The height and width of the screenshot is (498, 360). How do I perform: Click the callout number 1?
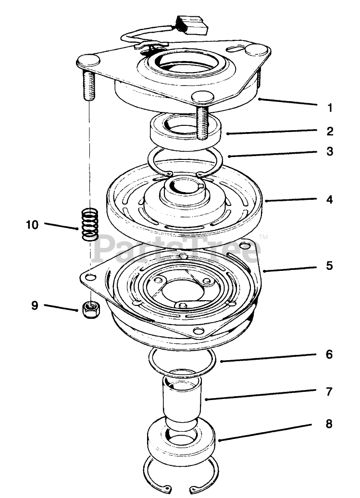tap(329, 108)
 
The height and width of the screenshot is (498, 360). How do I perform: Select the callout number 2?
tap(329, 131)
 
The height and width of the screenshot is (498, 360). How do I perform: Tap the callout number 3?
tap(329, 152)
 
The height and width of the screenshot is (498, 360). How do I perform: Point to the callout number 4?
tap(329, 199)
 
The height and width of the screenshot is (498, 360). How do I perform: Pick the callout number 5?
tap(329, 266)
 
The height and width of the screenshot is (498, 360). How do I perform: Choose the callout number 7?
tap(329, 391)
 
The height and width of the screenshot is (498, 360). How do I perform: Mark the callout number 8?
tap(329, 425)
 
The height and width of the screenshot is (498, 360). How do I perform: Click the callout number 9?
tap(35, 305)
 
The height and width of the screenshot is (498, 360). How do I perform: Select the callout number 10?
tap(32, 224)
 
